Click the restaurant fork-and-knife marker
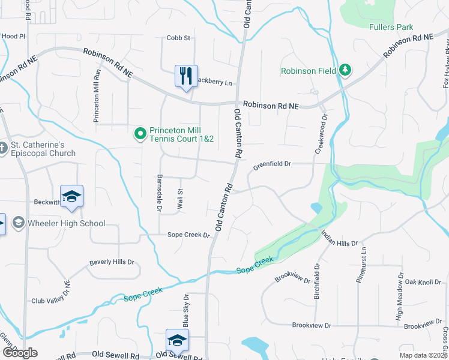point(186,76)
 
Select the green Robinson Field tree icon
point(345,71)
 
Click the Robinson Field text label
point(309,71)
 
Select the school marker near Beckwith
point(71,197)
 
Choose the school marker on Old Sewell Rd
point(178,340)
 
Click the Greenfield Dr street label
point(271,163)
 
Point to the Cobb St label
point(178,38)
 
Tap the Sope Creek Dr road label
point(188,235)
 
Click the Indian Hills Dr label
point(339,239)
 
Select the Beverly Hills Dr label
point(112,262)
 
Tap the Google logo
point(20,353)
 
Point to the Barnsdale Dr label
point(160,193)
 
